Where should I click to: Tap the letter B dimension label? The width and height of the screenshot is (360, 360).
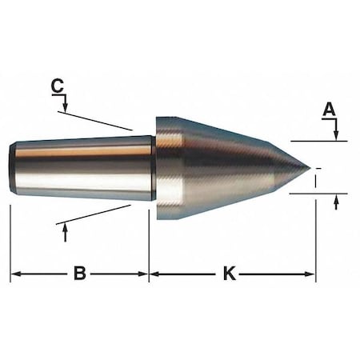click(x=79, y=274)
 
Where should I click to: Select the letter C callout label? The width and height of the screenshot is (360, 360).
click(x=56, y=85)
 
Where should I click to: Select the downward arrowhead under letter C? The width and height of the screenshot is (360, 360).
click(x=66, y=106)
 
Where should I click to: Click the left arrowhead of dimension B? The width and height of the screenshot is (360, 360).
click(x=14, y=274)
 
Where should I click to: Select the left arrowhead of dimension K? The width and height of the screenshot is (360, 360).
click(x=154, y=274)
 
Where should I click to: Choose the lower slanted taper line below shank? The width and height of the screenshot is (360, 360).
click(x=96, y=214)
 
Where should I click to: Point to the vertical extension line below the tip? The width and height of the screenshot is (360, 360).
click(x=315, y=240)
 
